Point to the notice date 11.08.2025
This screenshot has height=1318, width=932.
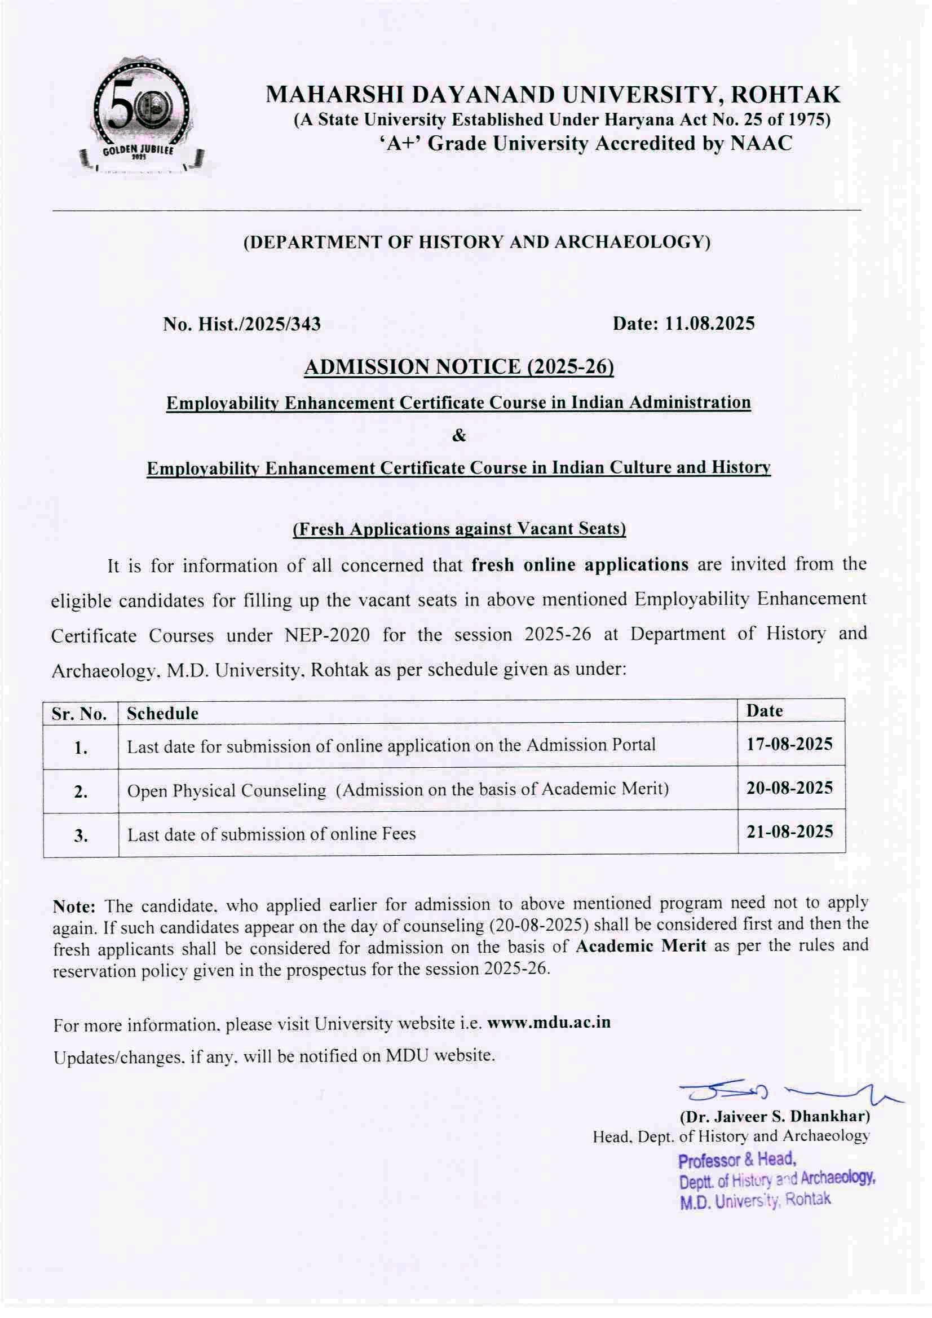(710, 324)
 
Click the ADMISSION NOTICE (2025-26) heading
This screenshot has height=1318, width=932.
(459, 366)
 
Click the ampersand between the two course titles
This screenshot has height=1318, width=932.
(459, 436)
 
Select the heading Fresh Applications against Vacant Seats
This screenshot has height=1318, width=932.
(459, 528)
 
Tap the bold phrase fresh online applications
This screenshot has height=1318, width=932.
(580, 565)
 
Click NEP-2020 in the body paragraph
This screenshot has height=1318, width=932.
(326, 635)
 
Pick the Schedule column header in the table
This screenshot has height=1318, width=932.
(162, 714)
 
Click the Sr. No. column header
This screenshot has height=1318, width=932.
(80, 714)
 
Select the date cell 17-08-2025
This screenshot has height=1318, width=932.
(789, 745)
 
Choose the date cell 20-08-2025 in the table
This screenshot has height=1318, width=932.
(789, 788)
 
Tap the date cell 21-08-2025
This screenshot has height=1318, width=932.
(789, 832)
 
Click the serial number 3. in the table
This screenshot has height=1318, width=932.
(81, 836)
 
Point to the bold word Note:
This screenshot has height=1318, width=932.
(74, 907)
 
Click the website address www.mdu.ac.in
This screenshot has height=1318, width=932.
(549, 1023)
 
